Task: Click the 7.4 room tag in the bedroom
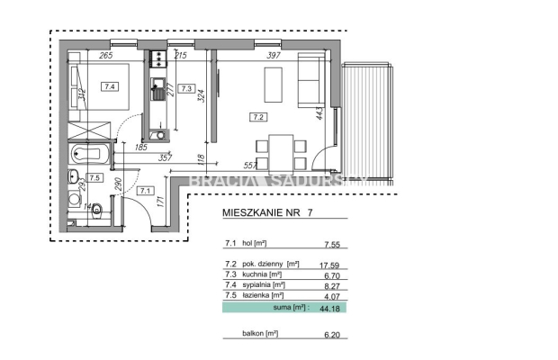point(110,87)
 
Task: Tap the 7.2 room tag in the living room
point(258,116)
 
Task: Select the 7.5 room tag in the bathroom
point(94,177)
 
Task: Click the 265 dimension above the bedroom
point(106,56)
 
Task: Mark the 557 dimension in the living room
point(252,165)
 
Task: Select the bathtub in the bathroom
point(87,154)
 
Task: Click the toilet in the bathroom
point(97,212)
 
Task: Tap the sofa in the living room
point(311,82)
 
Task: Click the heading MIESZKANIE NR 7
point(267,214)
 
